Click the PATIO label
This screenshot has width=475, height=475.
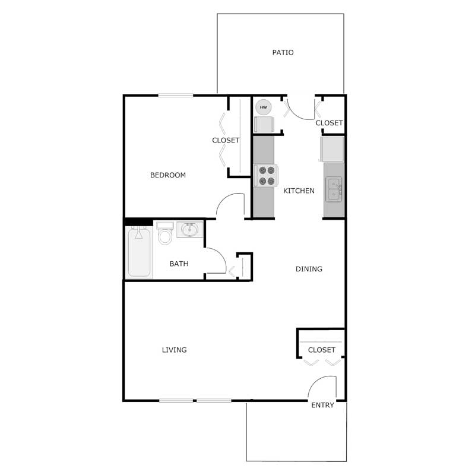[283, 52]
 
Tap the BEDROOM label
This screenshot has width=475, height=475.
[167, 175]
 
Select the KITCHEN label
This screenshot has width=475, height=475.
[299, 191]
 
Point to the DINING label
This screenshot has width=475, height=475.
[309, 269]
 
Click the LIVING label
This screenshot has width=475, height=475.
[174, 350]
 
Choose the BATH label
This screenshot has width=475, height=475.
[179, 264]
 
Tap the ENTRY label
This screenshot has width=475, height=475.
[322, 406]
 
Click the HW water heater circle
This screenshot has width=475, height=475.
[263, 107]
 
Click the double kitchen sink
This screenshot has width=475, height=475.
[334, 189]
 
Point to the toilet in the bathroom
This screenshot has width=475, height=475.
[165, 235]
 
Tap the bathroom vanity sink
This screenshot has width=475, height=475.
[190, 230]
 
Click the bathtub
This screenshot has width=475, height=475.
[139, 252]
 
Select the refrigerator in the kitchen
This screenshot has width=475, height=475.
[331, 148]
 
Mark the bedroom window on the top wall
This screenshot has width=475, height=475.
[175, 95]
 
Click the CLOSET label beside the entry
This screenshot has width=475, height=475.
[321, 350]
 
